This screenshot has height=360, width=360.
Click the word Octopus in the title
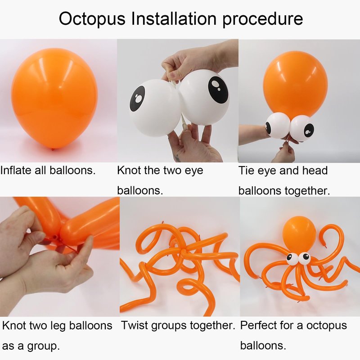click(x=92, y=19)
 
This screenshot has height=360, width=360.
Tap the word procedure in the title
click(x=262, y=19)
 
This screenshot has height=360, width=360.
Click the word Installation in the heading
click(x=174, y=18)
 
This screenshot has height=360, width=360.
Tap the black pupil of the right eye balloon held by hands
click(x=218, y=89)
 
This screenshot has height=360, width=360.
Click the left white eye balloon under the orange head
click(x=278, y=126)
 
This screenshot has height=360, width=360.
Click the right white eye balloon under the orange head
click(x=302, y=128)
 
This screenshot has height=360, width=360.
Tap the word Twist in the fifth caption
click(x=135, y=325)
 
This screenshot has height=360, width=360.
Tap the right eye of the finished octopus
click(x=305, y=258)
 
